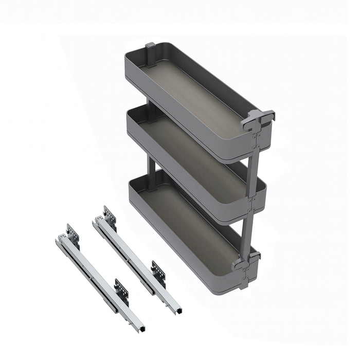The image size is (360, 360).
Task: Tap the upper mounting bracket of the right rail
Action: pyautogui.click(x=110, y=216)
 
